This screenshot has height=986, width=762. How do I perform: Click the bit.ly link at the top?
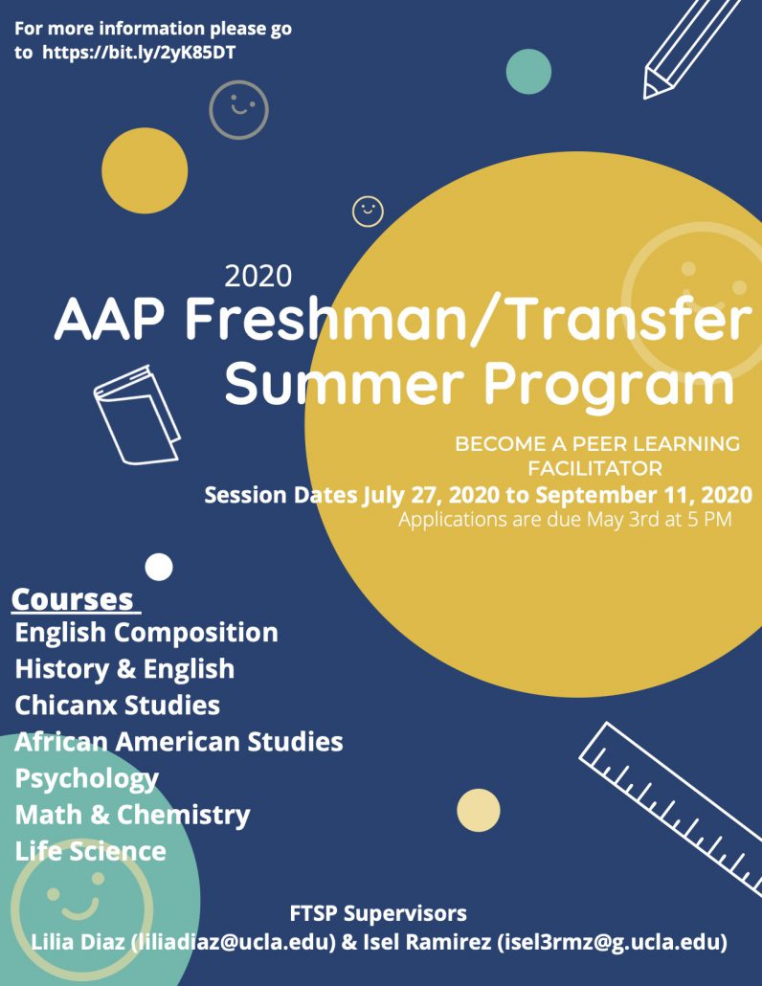139,53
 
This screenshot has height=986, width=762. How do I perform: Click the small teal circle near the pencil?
528,72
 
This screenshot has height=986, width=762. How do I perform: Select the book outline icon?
137,415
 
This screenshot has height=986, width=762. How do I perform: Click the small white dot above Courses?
159,568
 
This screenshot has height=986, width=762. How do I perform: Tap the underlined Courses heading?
73,599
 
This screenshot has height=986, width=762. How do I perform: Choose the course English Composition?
146,633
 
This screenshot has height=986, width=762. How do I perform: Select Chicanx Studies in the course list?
118,705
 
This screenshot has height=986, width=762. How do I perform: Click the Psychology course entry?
87,779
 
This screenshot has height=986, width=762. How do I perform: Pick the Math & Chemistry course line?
133,815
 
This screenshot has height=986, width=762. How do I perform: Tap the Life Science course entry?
91,851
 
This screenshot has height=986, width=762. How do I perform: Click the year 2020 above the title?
258,276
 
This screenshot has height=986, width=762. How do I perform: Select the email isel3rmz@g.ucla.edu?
612,942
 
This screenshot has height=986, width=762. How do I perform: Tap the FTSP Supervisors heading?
378,913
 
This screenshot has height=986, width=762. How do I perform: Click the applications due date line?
565,520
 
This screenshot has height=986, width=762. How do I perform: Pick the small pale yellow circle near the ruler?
479,810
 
